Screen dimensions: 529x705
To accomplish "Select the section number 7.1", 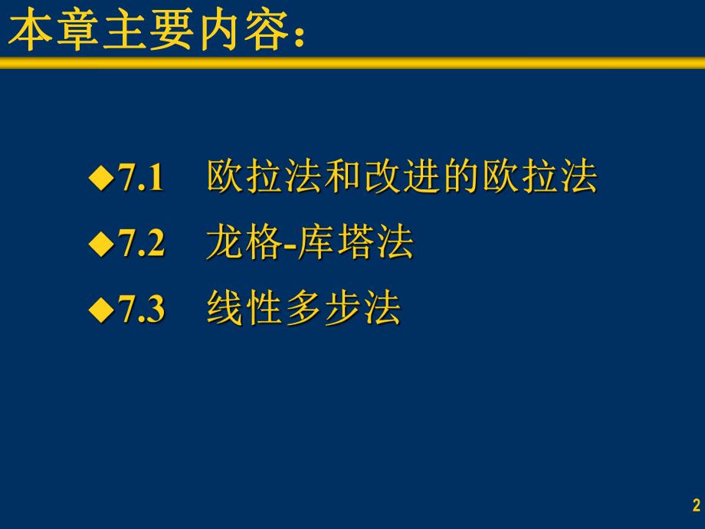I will (x=142, y=179).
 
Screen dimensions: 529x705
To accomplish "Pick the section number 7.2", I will (x=142, y=245).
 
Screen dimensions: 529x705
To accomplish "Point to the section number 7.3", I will (x=142, y=311).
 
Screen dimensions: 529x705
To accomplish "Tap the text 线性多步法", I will (x=303, y=310).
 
